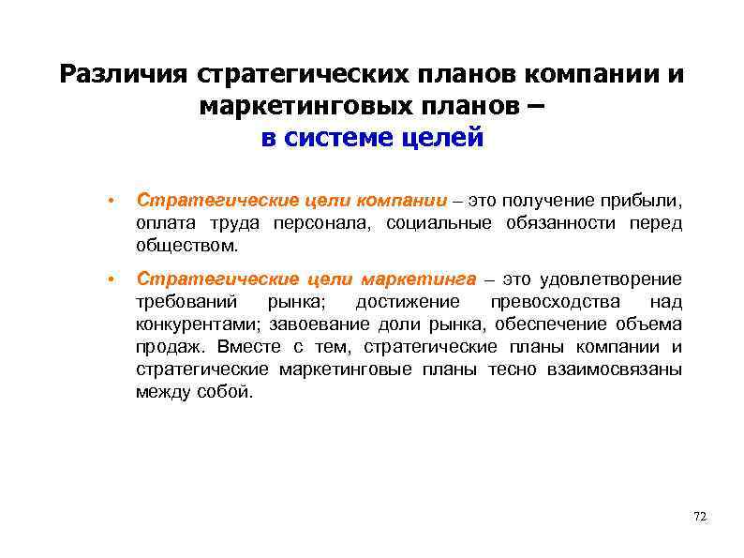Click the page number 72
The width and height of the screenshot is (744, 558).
[x=699, y=517]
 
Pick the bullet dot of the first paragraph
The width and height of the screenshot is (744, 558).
[x=111, y=201]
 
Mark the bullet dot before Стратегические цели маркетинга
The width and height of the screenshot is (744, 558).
[x=111, y=280]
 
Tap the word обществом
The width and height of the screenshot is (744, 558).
[x=186, y=246]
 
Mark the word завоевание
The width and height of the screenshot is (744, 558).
[x=317, y=324]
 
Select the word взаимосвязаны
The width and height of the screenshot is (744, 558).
[x=615, y=369]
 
